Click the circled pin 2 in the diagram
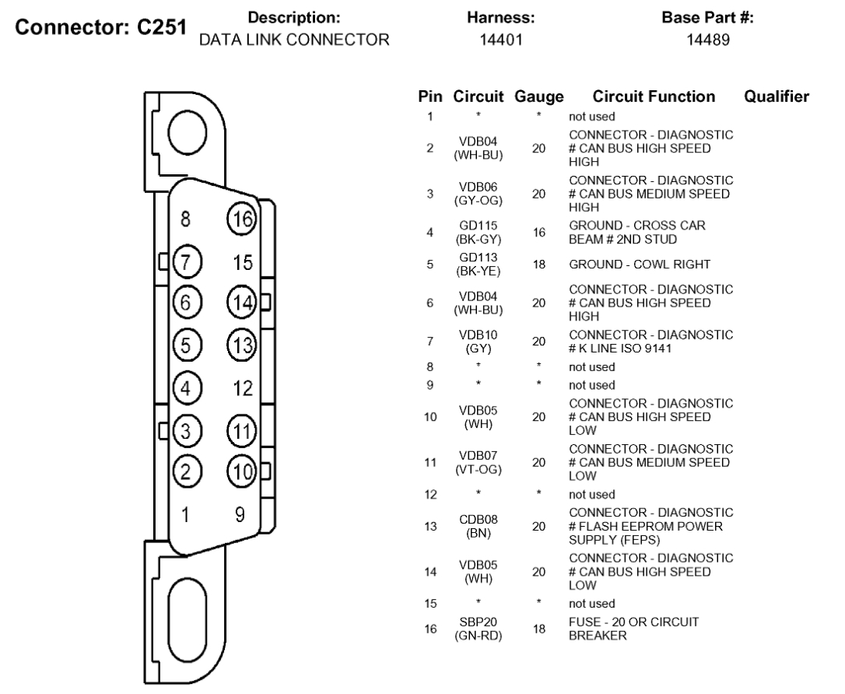(185, 471)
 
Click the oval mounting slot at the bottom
(188, 615)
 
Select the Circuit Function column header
(654, 97)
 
